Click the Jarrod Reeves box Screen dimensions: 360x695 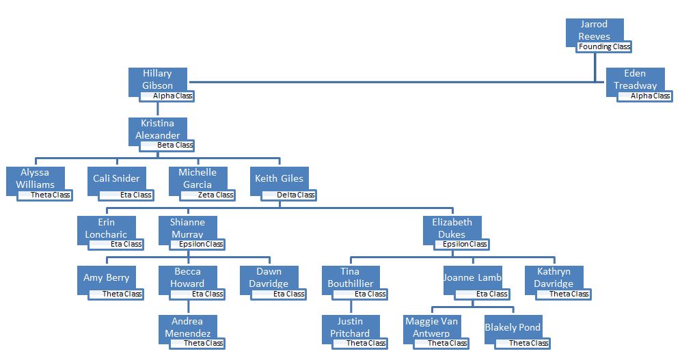595,30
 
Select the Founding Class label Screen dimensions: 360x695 603,47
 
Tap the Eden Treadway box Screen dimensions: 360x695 635,79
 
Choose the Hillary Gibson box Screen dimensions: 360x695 157,79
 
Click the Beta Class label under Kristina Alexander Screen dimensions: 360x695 167,145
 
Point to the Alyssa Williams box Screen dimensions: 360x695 35,178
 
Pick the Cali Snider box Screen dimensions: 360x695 116,178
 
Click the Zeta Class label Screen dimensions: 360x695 208,195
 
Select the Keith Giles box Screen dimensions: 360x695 279,178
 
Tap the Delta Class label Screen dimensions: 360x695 289,195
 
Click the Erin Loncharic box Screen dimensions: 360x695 106,227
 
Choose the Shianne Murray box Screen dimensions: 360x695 187,227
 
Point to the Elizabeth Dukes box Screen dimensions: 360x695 452,227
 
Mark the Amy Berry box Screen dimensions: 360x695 106,278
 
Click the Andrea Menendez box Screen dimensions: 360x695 187,327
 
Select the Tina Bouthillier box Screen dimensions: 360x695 350,277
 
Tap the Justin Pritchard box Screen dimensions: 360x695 350,327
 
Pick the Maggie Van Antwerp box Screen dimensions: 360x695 432,327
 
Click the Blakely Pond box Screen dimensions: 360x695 513,327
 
